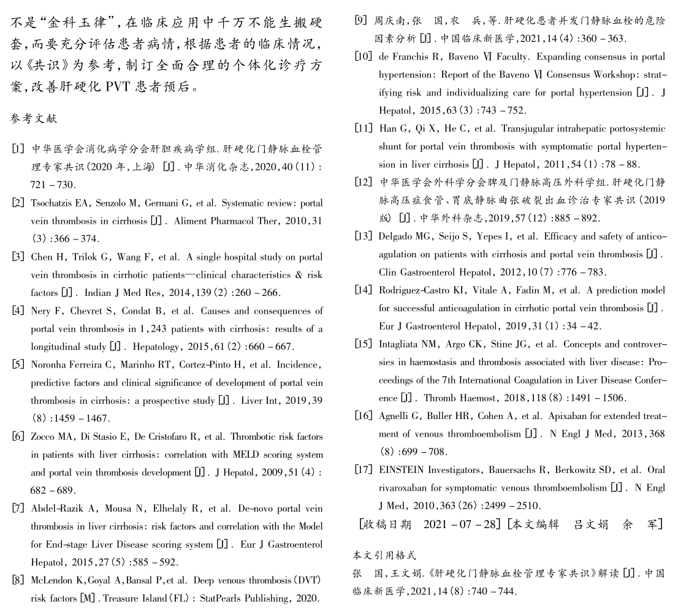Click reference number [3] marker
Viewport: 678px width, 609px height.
[18, 257]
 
